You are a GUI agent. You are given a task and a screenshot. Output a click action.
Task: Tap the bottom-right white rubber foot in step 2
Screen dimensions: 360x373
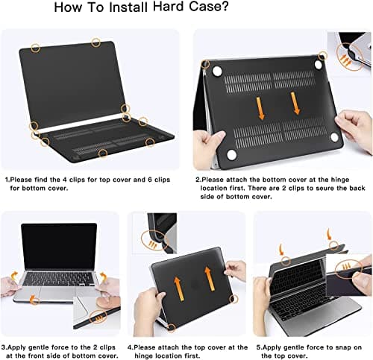pyautogui.click(x=335, y=138)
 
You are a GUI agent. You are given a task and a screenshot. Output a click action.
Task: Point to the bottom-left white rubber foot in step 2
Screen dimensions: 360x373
pyautogui.click(x=231, y=154)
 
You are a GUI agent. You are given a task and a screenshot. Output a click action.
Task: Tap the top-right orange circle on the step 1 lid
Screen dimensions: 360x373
pyautogui.click(x=96, y=42)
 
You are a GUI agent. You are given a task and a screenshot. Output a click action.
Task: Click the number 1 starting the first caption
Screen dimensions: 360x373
pyautogui.click(x=7, y=180)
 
